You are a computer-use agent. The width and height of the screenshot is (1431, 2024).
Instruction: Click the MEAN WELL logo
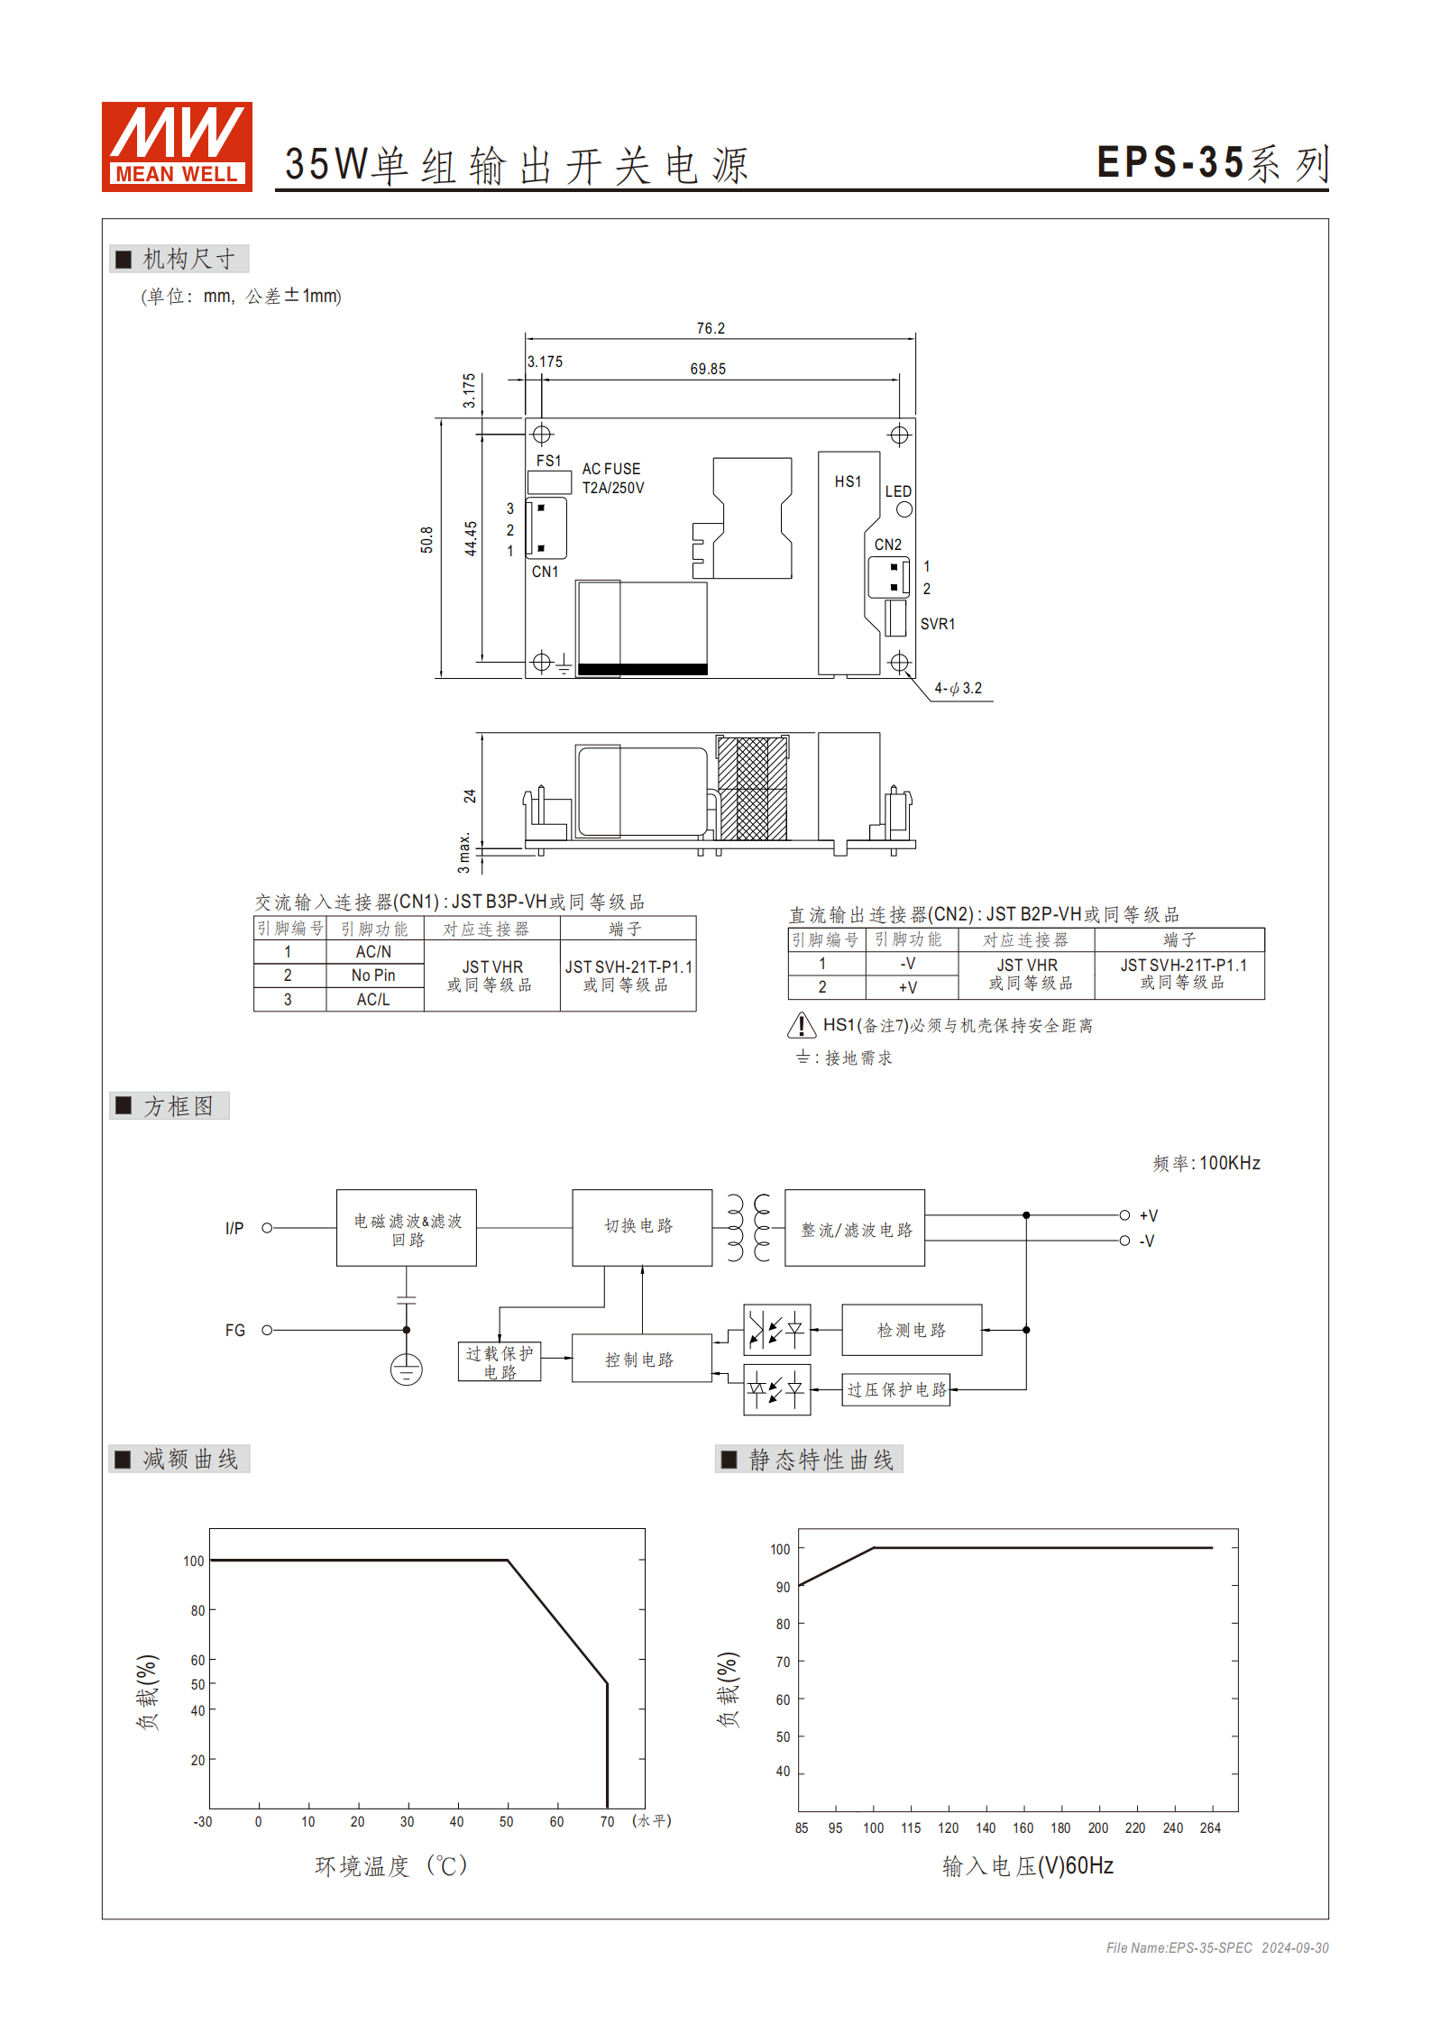177,146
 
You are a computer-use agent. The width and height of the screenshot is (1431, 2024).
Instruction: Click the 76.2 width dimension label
710,328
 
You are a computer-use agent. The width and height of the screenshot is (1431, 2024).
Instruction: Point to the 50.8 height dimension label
427,539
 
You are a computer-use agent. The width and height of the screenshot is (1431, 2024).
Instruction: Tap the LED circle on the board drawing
904,509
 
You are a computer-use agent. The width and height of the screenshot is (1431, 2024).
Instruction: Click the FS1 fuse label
548,461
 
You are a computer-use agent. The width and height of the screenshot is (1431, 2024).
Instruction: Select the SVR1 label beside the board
937,624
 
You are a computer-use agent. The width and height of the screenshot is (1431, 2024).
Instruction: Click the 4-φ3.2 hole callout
958,688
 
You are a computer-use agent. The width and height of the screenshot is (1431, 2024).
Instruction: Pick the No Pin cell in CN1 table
373,975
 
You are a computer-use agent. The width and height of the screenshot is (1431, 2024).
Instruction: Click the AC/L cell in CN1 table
373,999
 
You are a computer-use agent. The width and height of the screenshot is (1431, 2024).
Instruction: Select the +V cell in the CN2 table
908,987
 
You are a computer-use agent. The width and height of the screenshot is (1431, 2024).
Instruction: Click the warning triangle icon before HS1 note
802,1025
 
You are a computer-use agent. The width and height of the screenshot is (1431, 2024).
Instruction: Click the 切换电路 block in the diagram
641,1227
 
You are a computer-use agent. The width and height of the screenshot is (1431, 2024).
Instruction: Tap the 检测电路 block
911,1330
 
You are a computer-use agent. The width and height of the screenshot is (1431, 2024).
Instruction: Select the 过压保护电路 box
896,1389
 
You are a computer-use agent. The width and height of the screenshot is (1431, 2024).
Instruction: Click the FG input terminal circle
267,1330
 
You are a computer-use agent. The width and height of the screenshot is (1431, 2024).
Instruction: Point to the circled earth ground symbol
406,1369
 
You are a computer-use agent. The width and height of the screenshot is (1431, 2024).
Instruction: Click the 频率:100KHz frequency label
1206,1163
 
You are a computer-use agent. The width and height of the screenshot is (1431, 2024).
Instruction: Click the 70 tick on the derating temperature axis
607,1821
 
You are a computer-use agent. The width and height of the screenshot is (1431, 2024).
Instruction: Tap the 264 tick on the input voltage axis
1209,1827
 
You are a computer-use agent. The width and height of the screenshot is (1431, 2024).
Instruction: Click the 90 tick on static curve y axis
783,1587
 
